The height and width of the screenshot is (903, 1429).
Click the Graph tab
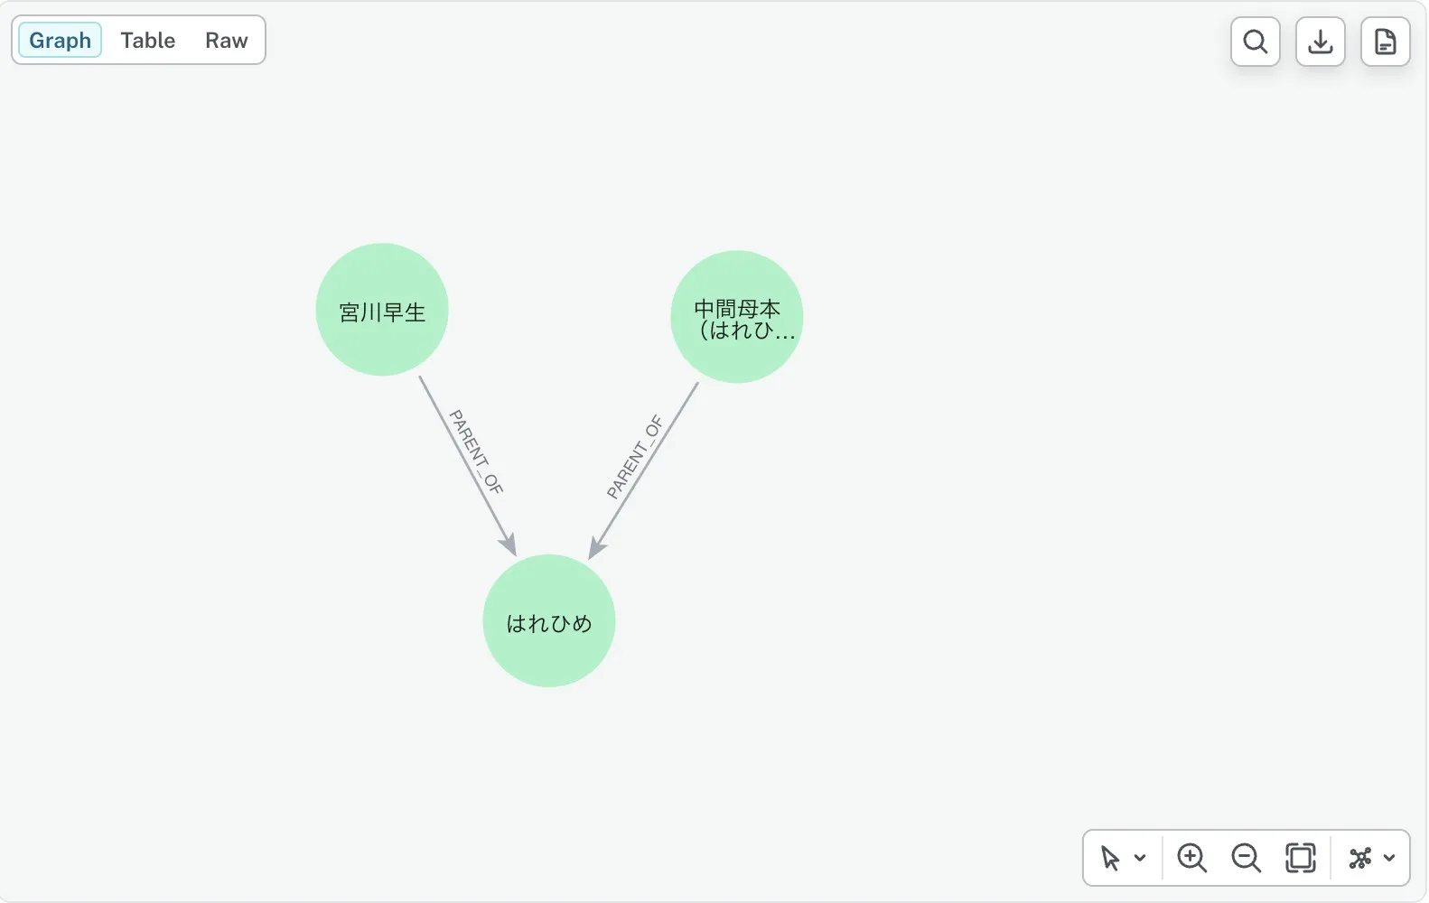60,40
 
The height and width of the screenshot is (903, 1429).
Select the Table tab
148,40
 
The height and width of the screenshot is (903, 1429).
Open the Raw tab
226,40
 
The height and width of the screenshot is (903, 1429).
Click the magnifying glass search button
1255,42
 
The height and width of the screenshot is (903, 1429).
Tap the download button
1320,42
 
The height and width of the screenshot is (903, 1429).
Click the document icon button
1385,42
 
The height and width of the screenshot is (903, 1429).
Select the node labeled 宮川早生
382,310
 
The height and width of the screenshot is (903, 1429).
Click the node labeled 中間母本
737,317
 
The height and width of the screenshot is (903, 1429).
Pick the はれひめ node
549,620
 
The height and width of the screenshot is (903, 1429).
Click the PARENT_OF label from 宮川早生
476,452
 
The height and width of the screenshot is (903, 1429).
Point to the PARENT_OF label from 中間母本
635,457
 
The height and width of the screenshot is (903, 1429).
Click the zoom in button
1191,858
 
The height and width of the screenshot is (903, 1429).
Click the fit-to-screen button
1300,858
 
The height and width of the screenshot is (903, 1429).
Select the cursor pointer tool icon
1110,858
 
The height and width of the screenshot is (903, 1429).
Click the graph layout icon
1360,858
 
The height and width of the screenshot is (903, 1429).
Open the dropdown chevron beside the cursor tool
1140,858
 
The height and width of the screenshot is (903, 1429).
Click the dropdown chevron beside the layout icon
1389,858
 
